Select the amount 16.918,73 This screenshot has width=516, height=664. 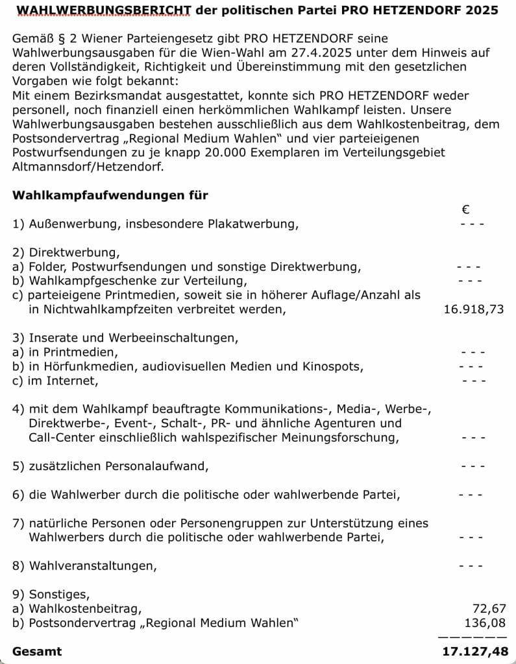[x=473, y=309]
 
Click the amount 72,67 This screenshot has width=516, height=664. [x=489, y=609]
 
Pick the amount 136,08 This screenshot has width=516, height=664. [x=485, y=623]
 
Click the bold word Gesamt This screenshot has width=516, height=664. [x=38, y=652]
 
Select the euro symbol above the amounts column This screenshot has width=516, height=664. [x=465, y=209]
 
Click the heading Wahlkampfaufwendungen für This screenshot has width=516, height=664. [x=110, y=195]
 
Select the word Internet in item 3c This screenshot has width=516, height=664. [x=73, y=381]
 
